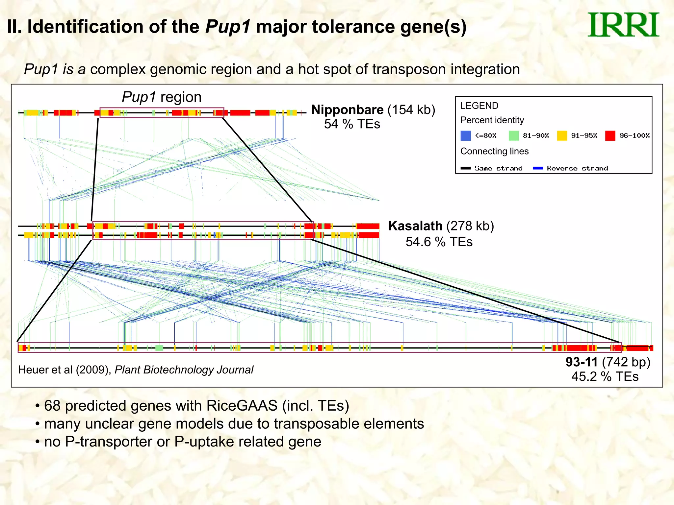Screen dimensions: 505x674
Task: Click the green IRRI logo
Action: click(x=623, y=25)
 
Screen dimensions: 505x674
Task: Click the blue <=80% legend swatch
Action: click(x=465, y=135)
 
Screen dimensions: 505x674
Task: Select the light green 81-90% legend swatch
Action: click(x=513, y=135)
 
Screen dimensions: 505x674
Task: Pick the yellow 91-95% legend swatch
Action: click(x=562, y=135)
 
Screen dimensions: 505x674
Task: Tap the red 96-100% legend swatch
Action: click(x=610, y=135)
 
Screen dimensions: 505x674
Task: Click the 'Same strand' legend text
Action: click(x=498, y=168)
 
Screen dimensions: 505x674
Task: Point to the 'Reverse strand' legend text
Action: click(x=577, y=168)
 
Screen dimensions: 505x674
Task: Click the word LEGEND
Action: click(x=479, y=106)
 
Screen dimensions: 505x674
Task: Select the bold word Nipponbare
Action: click(x=347, y=110)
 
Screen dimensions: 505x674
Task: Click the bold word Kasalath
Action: click(x=415, y=226)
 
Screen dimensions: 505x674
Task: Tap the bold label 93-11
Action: click(x=581, y=362)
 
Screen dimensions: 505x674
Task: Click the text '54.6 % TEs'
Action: click(x=439, y=242)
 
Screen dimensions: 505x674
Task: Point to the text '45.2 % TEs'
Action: click(x=605, y=377)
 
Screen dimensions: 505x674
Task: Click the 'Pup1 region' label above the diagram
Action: click(x=162, y=97)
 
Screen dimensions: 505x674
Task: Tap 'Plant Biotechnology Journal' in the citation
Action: click(x=184, y=370)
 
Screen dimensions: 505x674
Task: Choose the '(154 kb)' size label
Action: click(x=411, y=110)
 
